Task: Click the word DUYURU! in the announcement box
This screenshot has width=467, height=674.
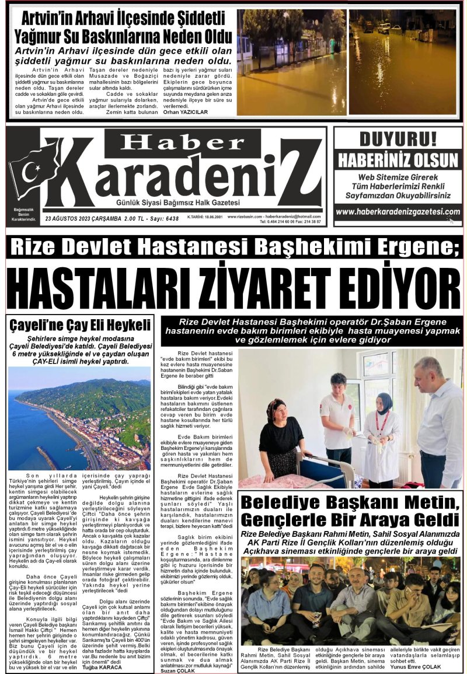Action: click(397, 140)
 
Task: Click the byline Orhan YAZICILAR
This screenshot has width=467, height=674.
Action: click(186, 112)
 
